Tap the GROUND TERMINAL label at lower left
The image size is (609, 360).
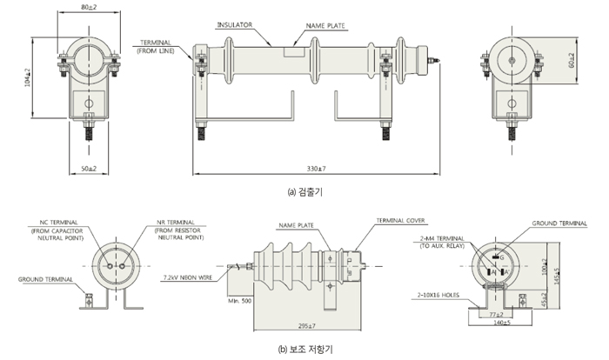point(40,280)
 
